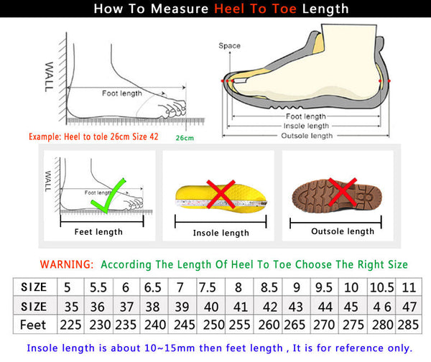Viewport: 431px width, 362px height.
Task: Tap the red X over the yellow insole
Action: [x=220, y=194]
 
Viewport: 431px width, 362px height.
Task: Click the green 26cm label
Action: [x=185, y=137]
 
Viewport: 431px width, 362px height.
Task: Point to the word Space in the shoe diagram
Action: [x=230, y=46]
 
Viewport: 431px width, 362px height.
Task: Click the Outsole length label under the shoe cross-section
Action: [x=307, y=135]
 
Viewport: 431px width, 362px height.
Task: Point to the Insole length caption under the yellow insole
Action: [x=221, y=233]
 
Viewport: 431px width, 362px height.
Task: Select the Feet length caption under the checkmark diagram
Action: [x=99, y=232]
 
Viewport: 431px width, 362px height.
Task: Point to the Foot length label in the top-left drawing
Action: [x=122, y=93]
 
